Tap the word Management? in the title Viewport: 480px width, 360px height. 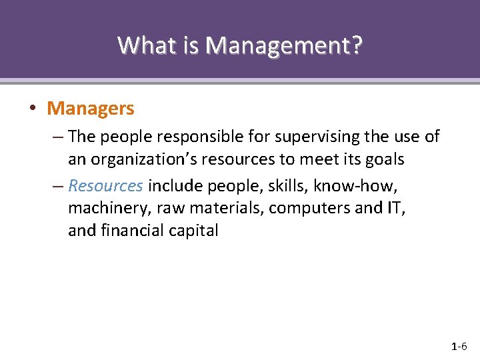click(285, 45)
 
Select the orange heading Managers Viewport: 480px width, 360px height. click(91, 108)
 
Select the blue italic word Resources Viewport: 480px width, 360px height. click(105, 185)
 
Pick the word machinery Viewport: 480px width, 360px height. click(109, 208)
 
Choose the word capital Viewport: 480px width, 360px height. click(195, 231)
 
